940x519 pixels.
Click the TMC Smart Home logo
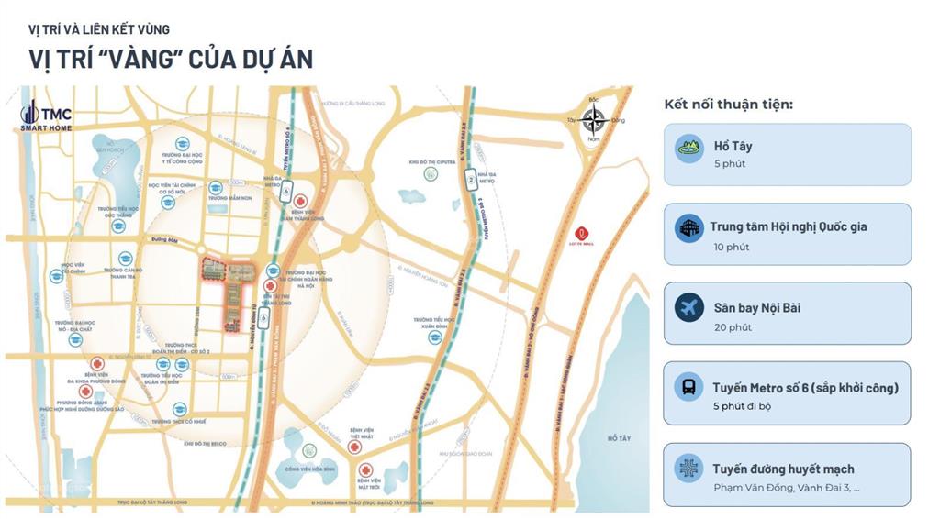[46, 116]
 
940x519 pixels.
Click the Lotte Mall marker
[581, 237]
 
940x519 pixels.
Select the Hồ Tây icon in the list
[689, 148]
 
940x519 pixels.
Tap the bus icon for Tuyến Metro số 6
[689, 387]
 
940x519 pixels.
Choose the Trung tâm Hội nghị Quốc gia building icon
[689, 228]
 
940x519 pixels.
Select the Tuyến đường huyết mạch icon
[689, 468]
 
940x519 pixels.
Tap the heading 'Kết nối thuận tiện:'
[728, 105]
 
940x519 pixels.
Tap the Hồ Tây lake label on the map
[620, 438]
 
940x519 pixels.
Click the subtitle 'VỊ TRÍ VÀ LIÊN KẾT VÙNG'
[98, 29]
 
